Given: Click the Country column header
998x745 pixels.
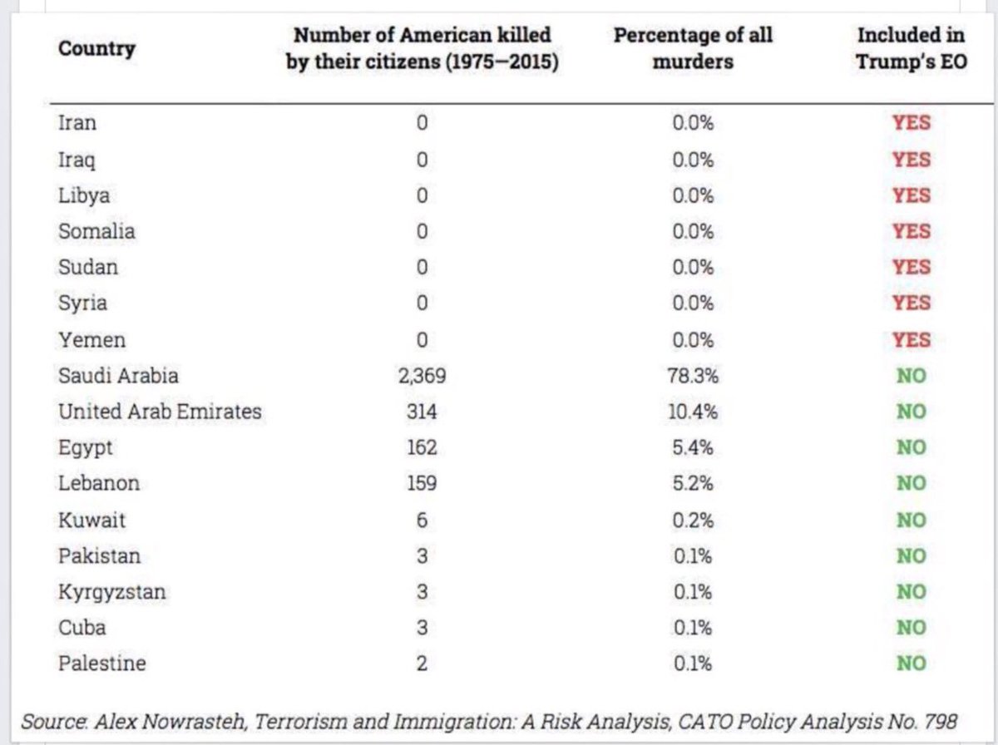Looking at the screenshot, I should tap(96, 49).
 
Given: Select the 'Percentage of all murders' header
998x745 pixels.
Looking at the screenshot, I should tap(693, 48).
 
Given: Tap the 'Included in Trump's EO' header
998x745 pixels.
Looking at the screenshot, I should tap(912, 48).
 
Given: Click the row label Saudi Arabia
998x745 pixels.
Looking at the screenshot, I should tap(118, 376).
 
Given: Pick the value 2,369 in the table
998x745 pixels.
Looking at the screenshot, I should tap(422, 377).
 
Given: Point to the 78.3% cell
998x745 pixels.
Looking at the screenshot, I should tap(693, 377).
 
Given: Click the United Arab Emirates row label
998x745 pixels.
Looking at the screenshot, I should tap(160, 412).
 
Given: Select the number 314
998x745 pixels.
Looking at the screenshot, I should tap(422, 412).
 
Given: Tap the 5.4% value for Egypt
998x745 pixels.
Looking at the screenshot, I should tap(693, 448).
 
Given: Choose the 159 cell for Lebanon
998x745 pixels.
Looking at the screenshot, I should tap(422, 484).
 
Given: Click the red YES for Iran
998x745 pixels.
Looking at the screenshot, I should tap(912, 123).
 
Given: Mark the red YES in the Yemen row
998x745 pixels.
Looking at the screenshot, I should tap(912, 340).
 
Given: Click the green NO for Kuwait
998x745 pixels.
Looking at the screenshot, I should tap(912, 521).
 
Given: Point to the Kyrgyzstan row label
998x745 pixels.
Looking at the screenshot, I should tap(112, 593).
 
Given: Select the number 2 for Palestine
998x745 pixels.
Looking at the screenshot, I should tap(422, 664).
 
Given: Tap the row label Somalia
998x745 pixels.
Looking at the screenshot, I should tap(96, 231).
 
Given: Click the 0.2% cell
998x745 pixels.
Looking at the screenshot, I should tap(693, 521).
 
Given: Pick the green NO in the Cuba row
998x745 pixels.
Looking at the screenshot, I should tap(912, 629).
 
